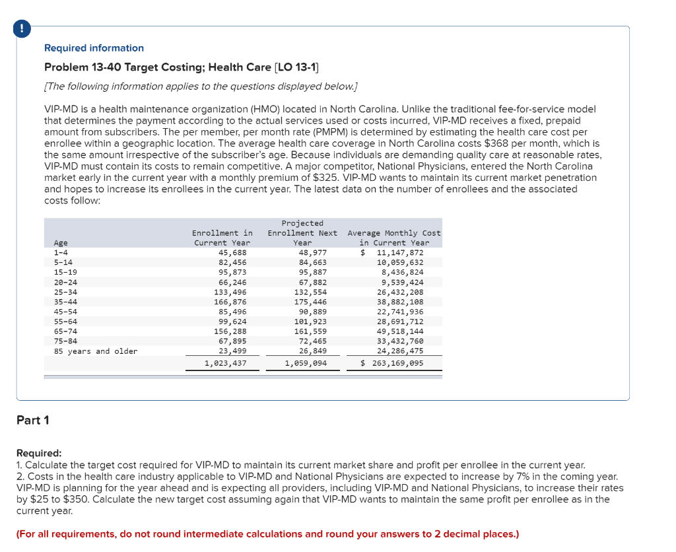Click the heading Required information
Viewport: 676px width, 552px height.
pos(94,48)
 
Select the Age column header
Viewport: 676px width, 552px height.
pos(61,243)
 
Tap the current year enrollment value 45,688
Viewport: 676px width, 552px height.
pos(232,252)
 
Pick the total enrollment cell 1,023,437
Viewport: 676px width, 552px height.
pos(225,363)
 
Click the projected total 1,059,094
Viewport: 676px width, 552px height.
pos(305,363)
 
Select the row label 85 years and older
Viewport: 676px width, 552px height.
pos(96,351)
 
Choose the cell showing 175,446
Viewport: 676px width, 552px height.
pos(310,302)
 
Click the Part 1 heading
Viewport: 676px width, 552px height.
pos(33,420)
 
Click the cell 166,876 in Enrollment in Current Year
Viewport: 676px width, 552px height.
pos(230,302)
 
